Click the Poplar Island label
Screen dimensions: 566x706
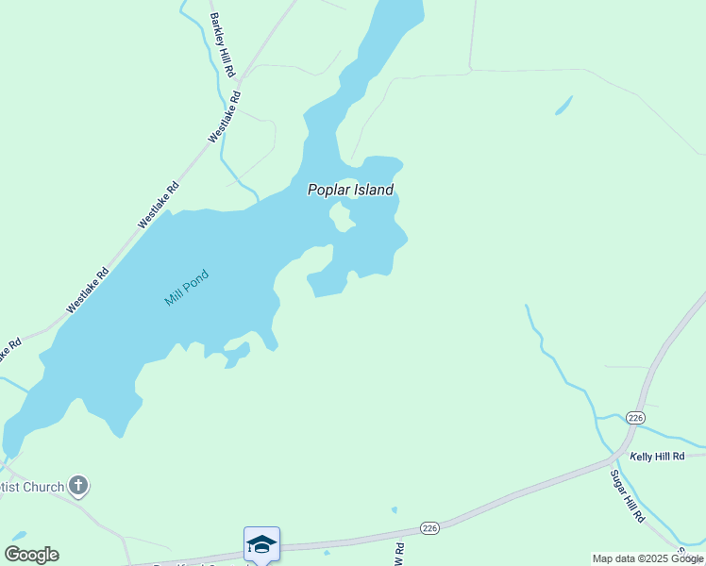350,190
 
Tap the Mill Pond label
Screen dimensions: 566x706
186,288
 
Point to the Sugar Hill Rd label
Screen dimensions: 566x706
627,496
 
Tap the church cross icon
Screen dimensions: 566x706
78,487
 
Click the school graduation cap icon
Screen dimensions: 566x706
261,543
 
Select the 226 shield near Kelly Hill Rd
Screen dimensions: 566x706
634,417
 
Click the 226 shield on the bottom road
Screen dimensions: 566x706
430,527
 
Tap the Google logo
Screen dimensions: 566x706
31,555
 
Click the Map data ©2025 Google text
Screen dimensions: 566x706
647,558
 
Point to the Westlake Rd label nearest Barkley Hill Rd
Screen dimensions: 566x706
225,116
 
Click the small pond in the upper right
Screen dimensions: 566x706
563,105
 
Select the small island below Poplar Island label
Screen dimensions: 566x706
340,217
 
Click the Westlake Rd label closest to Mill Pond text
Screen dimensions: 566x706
88,291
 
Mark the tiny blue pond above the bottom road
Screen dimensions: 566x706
394,510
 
